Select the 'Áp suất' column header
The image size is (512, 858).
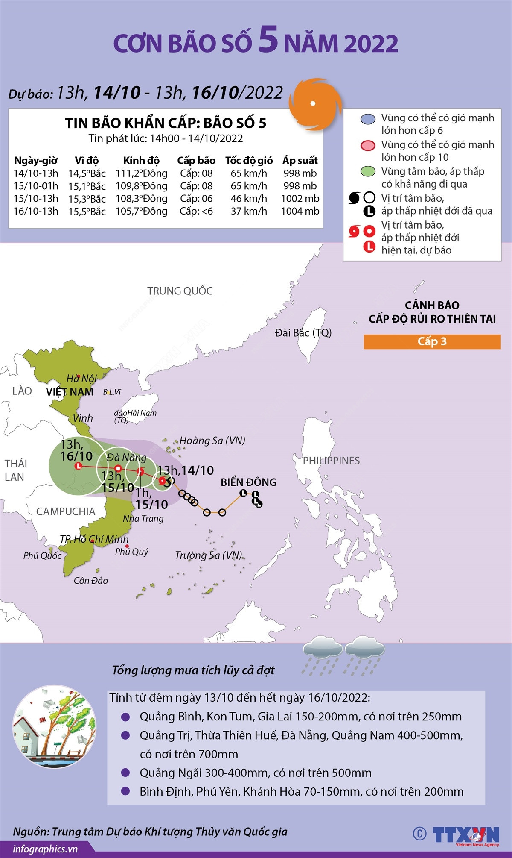[x=300, y=161]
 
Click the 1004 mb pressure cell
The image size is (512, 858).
[x=300, y=211]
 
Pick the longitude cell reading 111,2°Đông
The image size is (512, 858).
[x=142, y=173]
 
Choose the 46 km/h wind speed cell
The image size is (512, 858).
[x=249, y=199]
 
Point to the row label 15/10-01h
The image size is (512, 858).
[x=36, y=186]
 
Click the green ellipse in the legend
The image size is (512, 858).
[x=367, y=172]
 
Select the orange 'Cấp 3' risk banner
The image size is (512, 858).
[x=432, y=341]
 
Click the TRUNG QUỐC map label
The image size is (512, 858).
[x=180, y=291]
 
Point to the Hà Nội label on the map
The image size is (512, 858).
[x=81, y=379]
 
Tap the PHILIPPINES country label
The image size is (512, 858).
[x=331, y=461]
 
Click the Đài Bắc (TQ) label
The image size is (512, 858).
[x=303, y=332]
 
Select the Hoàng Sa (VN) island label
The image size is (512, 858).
[x=212, y=441]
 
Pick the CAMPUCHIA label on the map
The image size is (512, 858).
[x=66, y=511]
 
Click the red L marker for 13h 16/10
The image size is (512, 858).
[x=78, y=466]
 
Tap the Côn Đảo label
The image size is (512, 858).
[x=90, y=581]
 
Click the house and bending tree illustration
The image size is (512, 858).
[x=54, y=728]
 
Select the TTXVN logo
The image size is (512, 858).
[x=465, y=834]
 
